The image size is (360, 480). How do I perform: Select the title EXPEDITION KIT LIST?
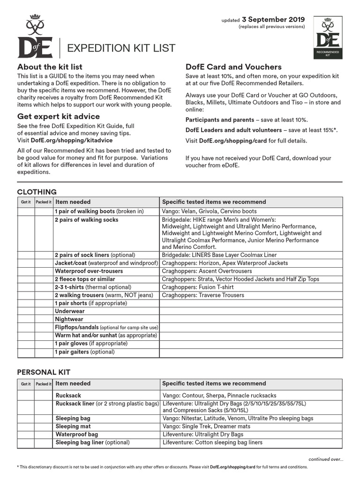click(122, 48)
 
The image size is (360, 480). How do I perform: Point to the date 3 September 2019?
click(273, 20)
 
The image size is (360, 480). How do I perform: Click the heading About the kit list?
click(50, 67)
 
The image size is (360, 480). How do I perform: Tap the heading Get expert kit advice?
click(59, 116)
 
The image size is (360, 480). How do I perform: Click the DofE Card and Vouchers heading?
click(233, 67)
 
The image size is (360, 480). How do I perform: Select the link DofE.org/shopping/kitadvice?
click(71, 140)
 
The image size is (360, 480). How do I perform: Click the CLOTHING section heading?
click(37, 192)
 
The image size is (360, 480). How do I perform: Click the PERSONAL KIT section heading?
click(44, 372)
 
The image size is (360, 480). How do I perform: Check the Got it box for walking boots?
click(26, 211)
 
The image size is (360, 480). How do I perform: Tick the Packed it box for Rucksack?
click(43, 395)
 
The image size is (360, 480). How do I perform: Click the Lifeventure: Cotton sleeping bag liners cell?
click(212, 442)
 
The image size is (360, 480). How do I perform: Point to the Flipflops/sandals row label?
click(106, 327)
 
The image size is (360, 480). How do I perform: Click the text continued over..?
click(325, 459)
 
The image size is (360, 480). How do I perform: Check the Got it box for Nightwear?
click(26, 319)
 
